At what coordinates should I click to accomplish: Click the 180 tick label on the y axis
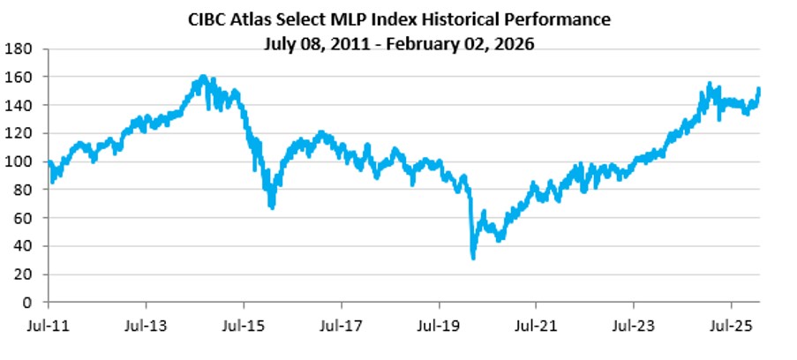[19, 49]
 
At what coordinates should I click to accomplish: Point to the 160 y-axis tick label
[19, 77]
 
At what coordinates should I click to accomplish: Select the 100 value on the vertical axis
[19, 161]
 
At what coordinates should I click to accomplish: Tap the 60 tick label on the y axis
[22, 218]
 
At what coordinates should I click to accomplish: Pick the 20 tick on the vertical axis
[22, 274]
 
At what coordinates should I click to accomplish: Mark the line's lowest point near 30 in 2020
[474, 258]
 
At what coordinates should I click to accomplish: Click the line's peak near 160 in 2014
[203, 77]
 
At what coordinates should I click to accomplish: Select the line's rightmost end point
[760, 88]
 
